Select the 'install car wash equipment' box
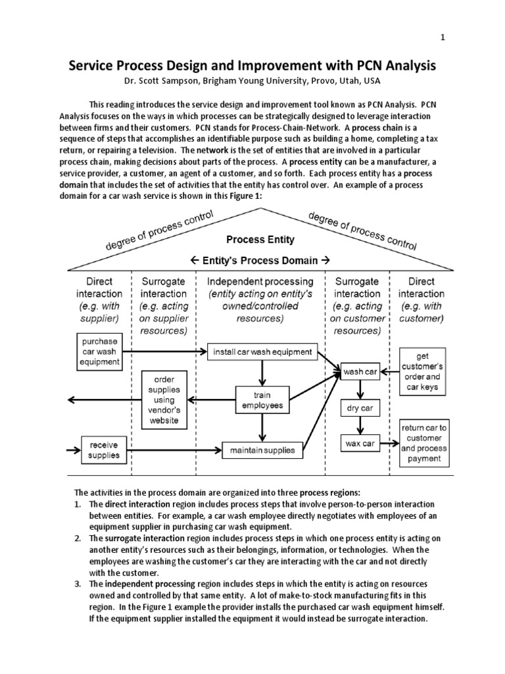[262, 351]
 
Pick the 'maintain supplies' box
[262, 451]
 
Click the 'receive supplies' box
[105, 450]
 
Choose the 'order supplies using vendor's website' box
[164, 400]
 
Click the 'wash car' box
[360, 372]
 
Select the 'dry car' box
[360, 408]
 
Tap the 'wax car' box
[360, 443]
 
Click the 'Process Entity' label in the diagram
[260, 240]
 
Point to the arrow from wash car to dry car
[360, 390]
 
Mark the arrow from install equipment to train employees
[262, 373]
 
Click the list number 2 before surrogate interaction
[78, 538]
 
